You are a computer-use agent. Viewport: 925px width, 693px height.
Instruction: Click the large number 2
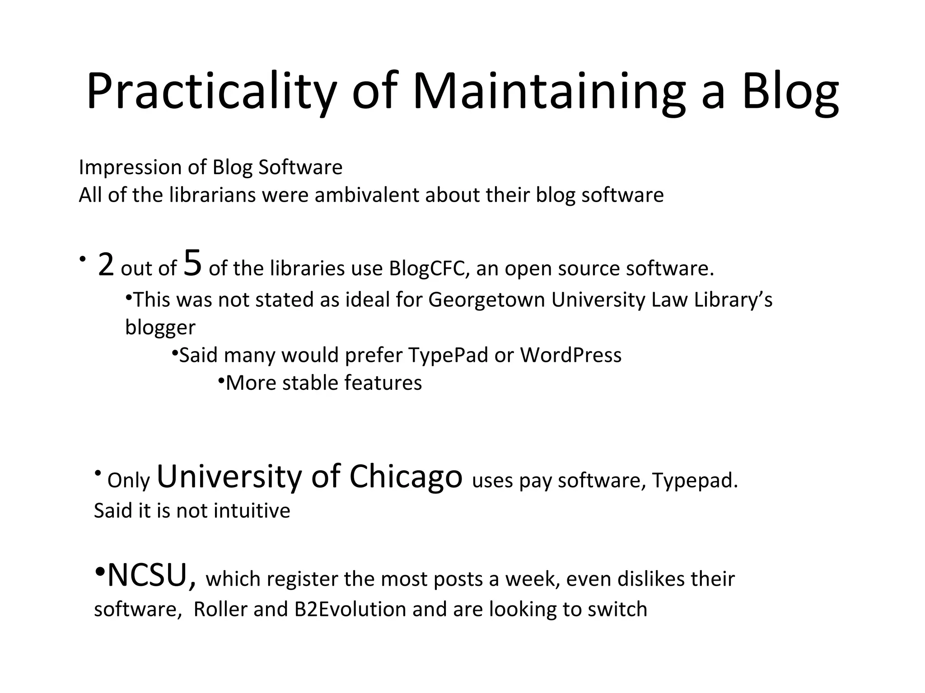(x=106, y=265)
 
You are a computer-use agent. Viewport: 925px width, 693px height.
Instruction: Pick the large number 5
(x=192, y=263)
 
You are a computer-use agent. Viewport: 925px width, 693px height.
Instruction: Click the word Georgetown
(x=486, y=300)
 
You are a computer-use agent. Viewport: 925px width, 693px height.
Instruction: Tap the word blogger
(x=160, y=328)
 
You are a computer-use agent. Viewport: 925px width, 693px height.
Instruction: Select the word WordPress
(x=571, y=355)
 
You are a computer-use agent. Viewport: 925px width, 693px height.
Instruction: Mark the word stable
(x=311, y=383)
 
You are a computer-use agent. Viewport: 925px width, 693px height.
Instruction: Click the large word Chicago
(x=406, y=476)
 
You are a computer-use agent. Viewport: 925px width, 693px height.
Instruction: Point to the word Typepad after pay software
(x=694, y=481)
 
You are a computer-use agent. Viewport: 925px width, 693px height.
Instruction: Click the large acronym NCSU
(x=152, y=576)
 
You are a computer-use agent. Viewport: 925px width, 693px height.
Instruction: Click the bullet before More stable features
(x=221, y=381)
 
